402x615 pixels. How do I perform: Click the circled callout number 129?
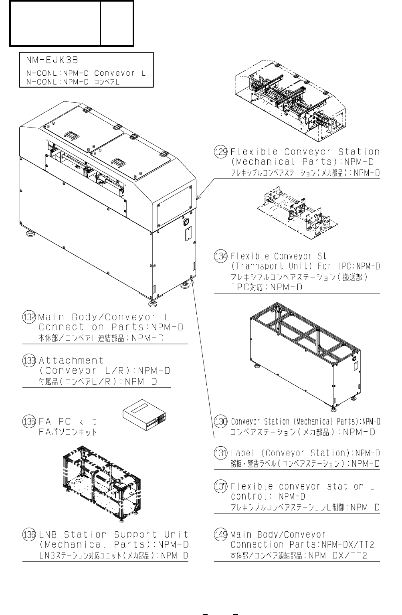pos(220,152)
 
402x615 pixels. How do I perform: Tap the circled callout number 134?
pos(220,256)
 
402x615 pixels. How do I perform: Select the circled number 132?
pos(29,317)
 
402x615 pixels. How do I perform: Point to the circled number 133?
pos(29,360)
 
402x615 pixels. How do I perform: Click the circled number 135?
pos(29,421)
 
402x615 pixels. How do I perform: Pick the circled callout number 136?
pos(29,534)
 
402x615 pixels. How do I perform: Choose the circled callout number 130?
pos(220,421)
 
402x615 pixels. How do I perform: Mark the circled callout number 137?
pos(220,486)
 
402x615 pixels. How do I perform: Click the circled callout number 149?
pos(220,534)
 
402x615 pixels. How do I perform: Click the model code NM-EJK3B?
pos(52,60)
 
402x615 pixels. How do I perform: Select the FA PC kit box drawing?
pos(144,415)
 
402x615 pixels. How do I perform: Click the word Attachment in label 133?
pos(71,360)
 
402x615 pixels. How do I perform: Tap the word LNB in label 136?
pos(48,534)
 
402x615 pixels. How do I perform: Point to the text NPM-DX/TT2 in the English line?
pos(348,544)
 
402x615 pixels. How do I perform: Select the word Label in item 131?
pos(243,453)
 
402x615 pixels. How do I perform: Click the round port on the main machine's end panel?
pos(186,221)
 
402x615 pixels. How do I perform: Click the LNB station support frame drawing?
pos(102,485)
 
